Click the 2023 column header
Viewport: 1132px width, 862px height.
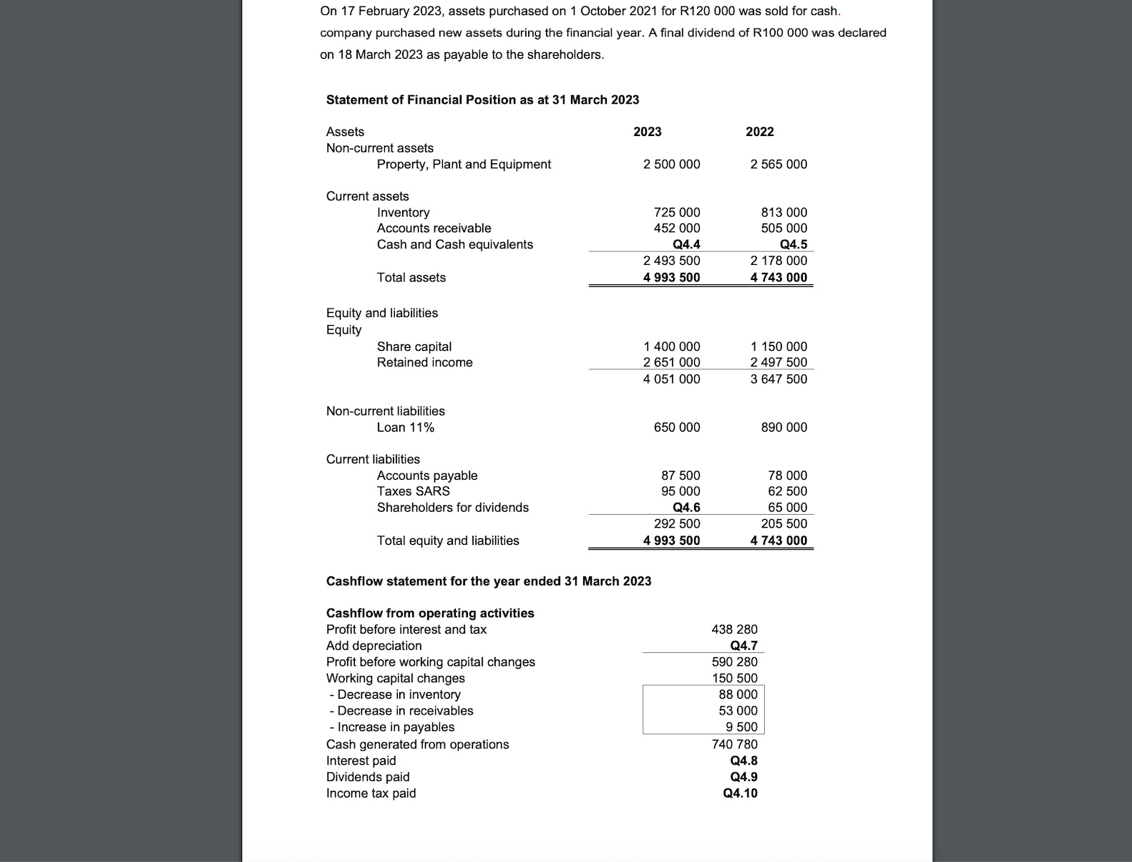coord(647,132)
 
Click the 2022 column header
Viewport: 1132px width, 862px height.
coord(759,132)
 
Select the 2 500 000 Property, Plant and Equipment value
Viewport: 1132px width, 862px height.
coord(671,165)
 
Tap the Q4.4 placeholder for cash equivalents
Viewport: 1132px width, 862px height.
coord(686,245)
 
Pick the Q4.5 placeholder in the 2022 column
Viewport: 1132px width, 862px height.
coord(793,245)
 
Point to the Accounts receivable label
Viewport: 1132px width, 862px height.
coord(434,228)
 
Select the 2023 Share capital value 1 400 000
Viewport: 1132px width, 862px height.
coord(671,347)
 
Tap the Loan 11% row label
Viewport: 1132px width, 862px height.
coord(405,427)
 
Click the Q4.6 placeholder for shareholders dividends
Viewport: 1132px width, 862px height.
coord(686,508)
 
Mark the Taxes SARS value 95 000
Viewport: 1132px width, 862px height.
coord(680,491)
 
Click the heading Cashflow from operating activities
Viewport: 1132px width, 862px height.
coord(430,614)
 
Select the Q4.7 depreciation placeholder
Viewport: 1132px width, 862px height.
coord(743,646)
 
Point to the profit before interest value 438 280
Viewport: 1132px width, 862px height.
coord(734,629)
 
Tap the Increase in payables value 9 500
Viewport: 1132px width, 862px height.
coord(741,727)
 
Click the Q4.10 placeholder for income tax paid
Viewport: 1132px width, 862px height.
coord(740,793)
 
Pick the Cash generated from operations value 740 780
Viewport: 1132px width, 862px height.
coord(734,745)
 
